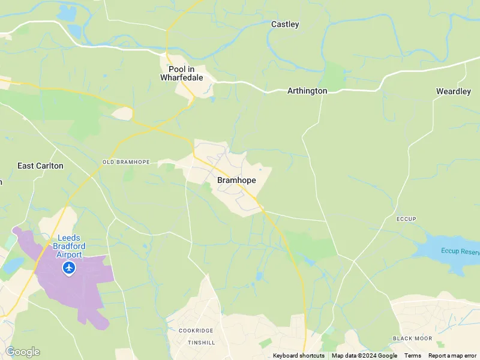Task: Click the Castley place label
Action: (x=285, y=25)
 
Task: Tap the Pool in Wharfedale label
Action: (x=181, y=73)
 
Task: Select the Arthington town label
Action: (x=307, y=91)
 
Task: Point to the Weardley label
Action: (x=453, y=91)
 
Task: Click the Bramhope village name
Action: (x=236, y=180)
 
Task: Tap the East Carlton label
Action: (x=40, y=166)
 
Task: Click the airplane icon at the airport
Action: (x=69, y=268)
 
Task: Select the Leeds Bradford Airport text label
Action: (x=69, y=246)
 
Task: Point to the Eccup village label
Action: (x=406, y=219)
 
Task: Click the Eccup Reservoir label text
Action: (x=460, y=251)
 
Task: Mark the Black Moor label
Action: (x=412, y=338)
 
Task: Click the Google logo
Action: (x=22, y=352)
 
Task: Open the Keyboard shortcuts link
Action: (x=298, y=356)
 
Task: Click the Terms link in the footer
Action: (x=413, y=356)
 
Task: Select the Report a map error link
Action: (x=452, y=356)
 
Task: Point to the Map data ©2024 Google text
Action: (x=364, y=356)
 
